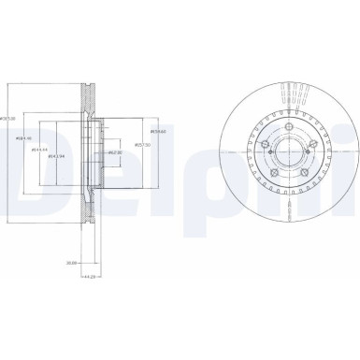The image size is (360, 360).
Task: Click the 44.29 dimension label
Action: coord(89,278)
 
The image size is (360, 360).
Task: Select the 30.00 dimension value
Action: coord(71,264)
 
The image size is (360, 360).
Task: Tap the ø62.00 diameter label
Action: coord(115,151)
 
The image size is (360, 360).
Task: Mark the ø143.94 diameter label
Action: coord(56,157)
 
